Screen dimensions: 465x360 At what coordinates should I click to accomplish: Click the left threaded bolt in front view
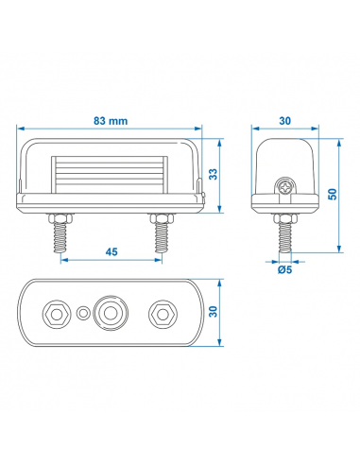point(62,238)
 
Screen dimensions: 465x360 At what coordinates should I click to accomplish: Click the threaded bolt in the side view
point(283,237)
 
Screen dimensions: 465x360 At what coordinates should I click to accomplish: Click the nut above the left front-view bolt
point(62,216)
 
